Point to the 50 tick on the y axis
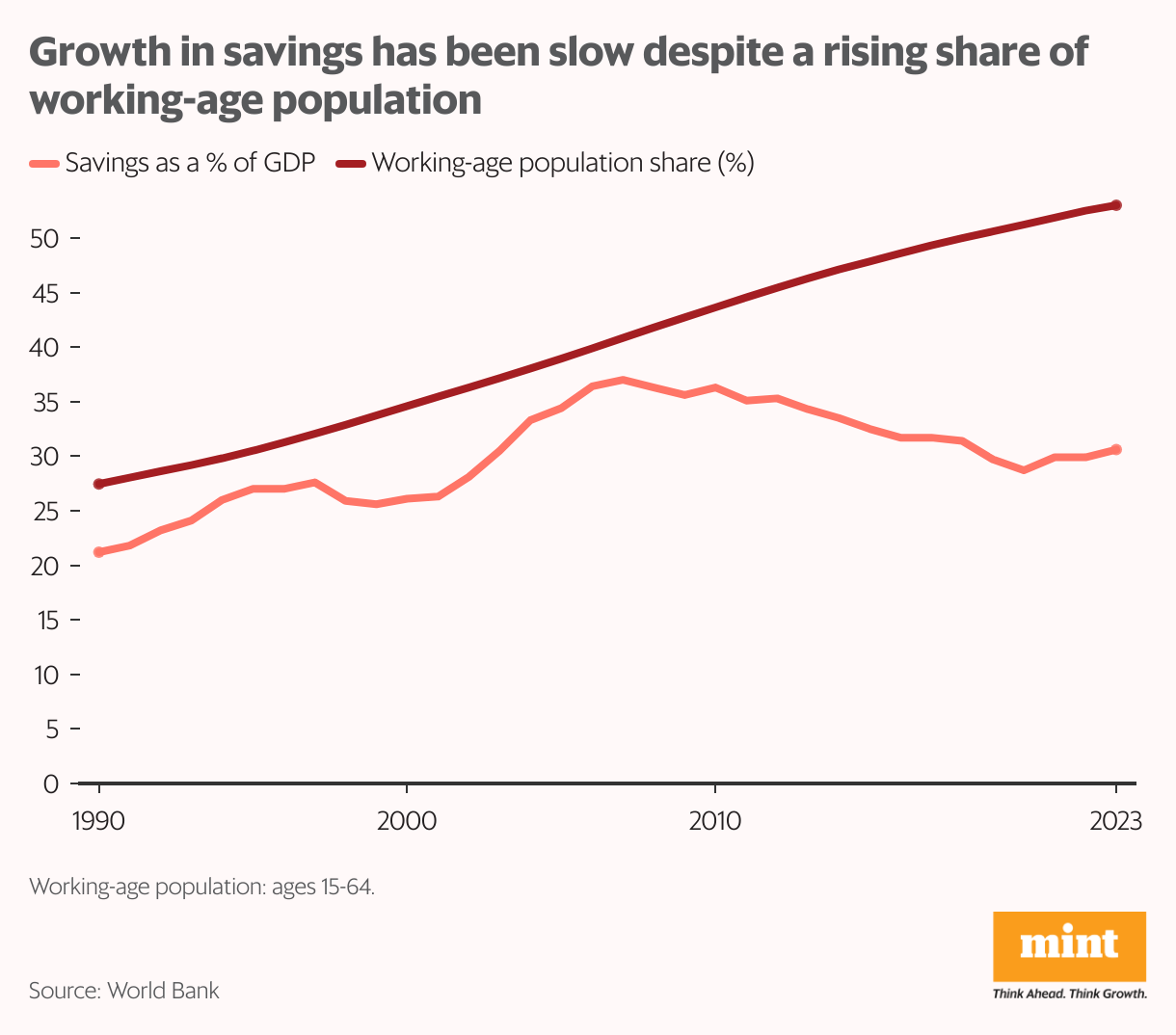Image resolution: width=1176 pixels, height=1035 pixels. point(45,238)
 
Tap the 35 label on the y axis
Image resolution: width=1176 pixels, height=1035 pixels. point(45,402)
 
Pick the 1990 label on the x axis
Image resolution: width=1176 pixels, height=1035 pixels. point(99,821)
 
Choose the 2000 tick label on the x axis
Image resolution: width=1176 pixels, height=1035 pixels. point(407,821)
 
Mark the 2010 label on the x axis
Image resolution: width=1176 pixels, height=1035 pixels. point(714,821)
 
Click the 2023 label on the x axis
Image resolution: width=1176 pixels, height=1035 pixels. point(1116,821)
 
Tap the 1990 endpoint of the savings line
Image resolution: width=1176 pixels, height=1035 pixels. point(99,552)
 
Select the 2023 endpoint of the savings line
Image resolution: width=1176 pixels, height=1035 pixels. point(1116,449)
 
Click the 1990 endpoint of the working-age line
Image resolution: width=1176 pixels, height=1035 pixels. point(99,484)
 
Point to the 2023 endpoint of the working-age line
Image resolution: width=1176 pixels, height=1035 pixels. point(1116,205)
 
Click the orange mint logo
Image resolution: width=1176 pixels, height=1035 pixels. point(1069,945)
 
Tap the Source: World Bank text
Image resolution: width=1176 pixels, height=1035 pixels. point(124,991)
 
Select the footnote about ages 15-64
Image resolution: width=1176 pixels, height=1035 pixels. point(201,887)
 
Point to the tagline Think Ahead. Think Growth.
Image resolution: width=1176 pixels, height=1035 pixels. point(1069,994)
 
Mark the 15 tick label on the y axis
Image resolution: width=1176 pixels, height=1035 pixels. point(45,621)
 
